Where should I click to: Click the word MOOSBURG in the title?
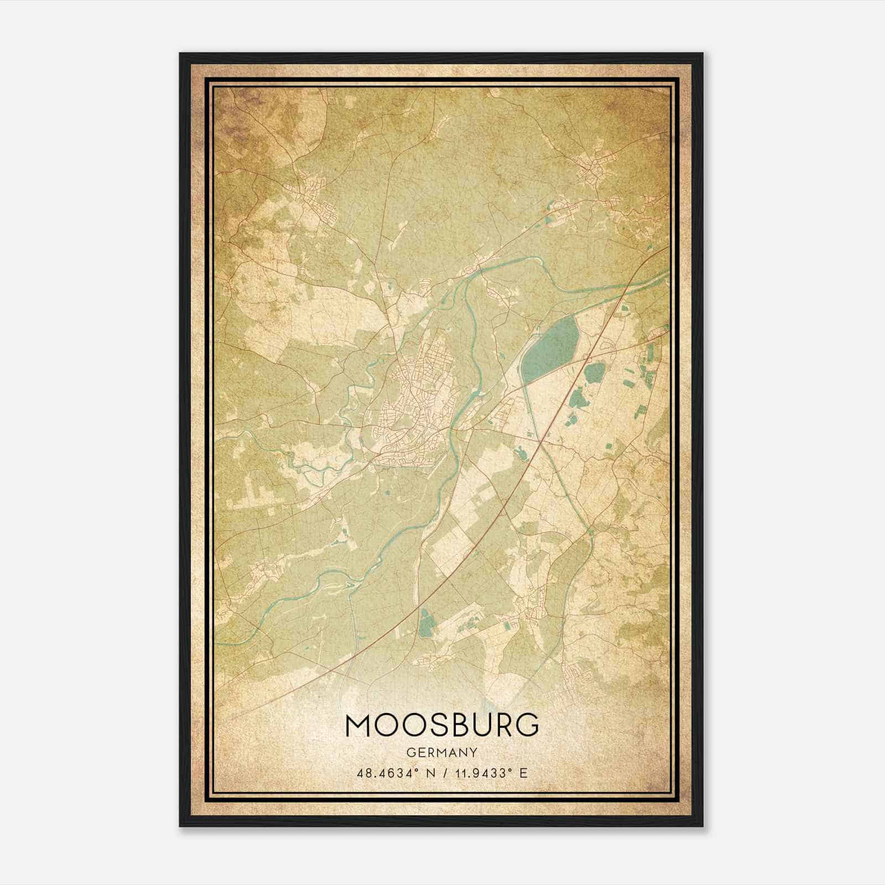pos(442,725)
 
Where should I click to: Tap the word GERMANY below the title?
pos(442,752)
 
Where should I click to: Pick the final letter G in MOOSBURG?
pos(528,725)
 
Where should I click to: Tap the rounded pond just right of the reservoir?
pos(595,373)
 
